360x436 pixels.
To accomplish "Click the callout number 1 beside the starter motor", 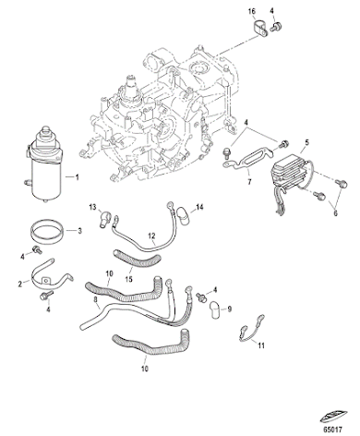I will click(x=78, y=176).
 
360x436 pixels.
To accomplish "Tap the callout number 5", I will click(x=306, y=143).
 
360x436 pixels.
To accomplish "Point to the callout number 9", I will click(x=229, y=309).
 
